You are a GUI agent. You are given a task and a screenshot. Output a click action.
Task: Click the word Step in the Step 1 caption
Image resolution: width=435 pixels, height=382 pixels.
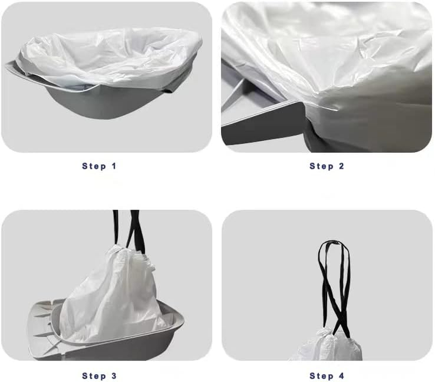coord(94,166)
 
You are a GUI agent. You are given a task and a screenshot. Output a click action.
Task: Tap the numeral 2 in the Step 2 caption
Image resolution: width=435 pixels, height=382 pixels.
coord(341,166)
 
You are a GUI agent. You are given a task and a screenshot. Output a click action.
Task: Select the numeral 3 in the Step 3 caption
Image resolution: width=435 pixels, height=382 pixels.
coord(113,376)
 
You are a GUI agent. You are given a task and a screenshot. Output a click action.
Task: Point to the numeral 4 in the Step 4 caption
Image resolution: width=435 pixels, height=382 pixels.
coord(341,376)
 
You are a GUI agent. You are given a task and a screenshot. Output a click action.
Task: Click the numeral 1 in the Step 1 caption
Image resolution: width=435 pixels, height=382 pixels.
coord(114,166)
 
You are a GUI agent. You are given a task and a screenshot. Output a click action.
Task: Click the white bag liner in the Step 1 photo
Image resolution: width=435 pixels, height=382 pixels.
coord(110,57)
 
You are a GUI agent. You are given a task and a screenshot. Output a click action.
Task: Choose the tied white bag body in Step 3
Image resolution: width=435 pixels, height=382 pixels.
coord(115,296)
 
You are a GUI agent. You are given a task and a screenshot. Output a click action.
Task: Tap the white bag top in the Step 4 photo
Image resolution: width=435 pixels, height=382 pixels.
coord(327,346)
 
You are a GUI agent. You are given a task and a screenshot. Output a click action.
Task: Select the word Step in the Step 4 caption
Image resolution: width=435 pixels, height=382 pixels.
coord(321,376)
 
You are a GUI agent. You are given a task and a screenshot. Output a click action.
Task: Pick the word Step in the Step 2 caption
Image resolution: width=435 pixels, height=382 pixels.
coord(321,166)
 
